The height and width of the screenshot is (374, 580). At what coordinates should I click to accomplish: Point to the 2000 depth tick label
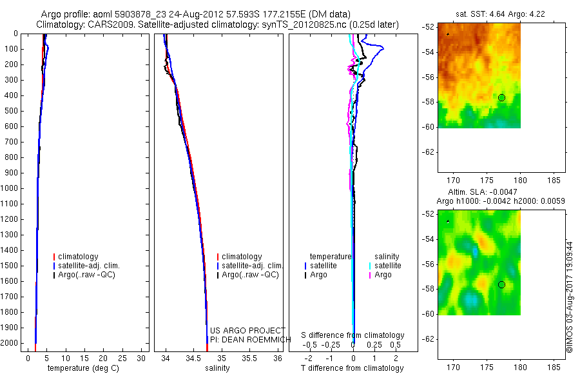(x=10, y=344)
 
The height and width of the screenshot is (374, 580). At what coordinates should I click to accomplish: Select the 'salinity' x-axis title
(x=217, y=368)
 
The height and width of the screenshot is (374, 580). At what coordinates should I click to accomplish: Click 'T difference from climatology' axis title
(x=352, y=368)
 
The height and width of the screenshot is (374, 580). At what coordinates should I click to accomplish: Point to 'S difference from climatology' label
(x=353, y=335)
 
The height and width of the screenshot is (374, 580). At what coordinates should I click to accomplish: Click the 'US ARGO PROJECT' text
(x=247, y=330)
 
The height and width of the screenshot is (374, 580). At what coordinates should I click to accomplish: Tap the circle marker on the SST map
(x=501, y=97)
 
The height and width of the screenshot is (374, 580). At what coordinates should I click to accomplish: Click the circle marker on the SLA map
(x=501, y=284)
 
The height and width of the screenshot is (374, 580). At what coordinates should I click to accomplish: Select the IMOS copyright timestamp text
(x=569, y=297)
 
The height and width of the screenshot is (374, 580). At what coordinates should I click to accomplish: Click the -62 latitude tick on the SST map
(x=428, y=152)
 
